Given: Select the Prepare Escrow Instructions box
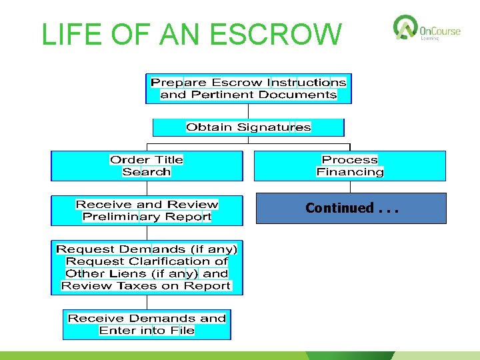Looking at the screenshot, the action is click(x=249, y=89).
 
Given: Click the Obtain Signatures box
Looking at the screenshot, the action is click(x=249, y=127).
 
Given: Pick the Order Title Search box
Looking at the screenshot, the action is click(x=147, y=166).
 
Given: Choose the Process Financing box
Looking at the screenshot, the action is click(x=350, y=166).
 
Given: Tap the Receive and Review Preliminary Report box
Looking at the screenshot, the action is click(x=147, y=210).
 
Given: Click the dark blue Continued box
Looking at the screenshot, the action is click(x=350, y=208).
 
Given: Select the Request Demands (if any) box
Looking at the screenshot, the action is click(x=147, y=267).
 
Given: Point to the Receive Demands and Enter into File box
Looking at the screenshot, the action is click(x=147, y=324).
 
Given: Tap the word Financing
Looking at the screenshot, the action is click(x=350, y=172).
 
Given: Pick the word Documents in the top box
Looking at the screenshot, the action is click(x=297, y=95).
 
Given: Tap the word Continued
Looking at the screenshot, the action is click(x=339, y=208).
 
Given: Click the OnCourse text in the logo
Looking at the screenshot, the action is click(x=441, y=30).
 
